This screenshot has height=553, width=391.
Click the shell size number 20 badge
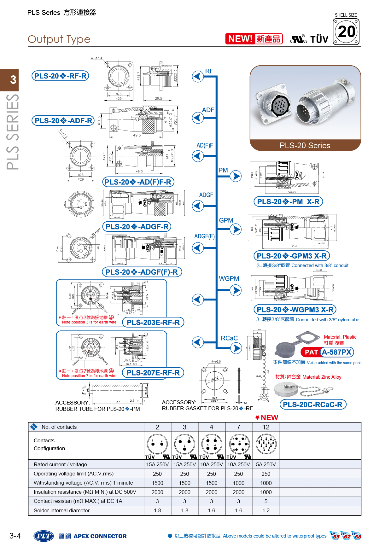(346, 32)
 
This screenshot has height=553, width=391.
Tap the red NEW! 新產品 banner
(254, 39)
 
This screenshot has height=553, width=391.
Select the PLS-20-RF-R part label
(60, 76)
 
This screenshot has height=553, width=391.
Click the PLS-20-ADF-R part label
(63, 121)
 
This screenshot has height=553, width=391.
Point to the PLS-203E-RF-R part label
(153, 323)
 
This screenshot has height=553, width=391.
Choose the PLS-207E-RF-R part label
(153, 373)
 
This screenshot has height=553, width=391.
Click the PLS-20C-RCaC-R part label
(312, 405)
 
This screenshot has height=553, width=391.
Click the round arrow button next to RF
(198, 76)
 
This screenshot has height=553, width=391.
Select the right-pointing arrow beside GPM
(236, 229)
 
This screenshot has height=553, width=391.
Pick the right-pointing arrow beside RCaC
(236, 348)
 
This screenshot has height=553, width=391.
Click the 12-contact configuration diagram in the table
(266, 443)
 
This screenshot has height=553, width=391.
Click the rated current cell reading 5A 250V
(266, 464)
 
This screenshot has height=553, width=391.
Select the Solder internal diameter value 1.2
(266, 510)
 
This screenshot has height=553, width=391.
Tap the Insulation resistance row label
(85, 492)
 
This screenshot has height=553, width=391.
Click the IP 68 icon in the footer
(357, 536)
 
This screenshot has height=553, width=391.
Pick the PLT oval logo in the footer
(44, 536)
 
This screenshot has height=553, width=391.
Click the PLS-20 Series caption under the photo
(305, 146)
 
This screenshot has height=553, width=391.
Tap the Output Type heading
(59, 39)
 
